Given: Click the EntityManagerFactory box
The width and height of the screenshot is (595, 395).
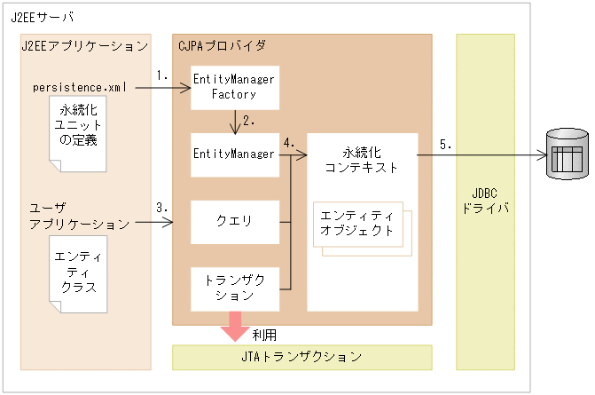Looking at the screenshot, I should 235,86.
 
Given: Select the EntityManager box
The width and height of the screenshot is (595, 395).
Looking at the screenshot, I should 235,154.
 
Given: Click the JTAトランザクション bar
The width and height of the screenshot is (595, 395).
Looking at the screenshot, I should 301,357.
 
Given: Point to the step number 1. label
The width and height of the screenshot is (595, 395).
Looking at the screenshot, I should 161,76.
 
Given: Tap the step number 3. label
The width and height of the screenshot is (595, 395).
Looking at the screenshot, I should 161,208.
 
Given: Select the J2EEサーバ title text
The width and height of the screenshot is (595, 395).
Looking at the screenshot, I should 43,17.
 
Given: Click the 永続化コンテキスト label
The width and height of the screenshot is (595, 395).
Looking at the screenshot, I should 362,158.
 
